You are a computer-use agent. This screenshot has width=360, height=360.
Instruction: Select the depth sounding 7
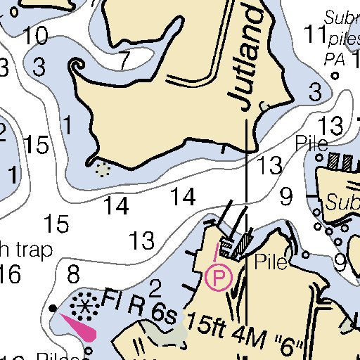124,61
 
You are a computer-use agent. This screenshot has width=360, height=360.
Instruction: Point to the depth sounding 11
314,33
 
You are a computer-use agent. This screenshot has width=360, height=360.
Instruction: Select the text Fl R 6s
139,304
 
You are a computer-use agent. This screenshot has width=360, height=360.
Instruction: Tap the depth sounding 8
73,273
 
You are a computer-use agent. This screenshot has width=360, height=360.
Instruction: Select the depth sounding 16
10,274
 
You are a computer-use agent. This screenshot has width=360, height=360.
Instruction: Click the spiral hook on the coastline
75,67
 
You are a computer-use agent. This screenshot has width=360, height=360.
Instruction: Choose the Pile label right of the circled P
271,263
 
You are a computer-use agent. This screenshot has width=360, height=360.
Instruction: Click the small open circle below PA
335,75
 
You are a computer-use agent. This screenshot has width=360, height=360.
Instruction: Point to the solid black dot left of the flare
53,308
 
